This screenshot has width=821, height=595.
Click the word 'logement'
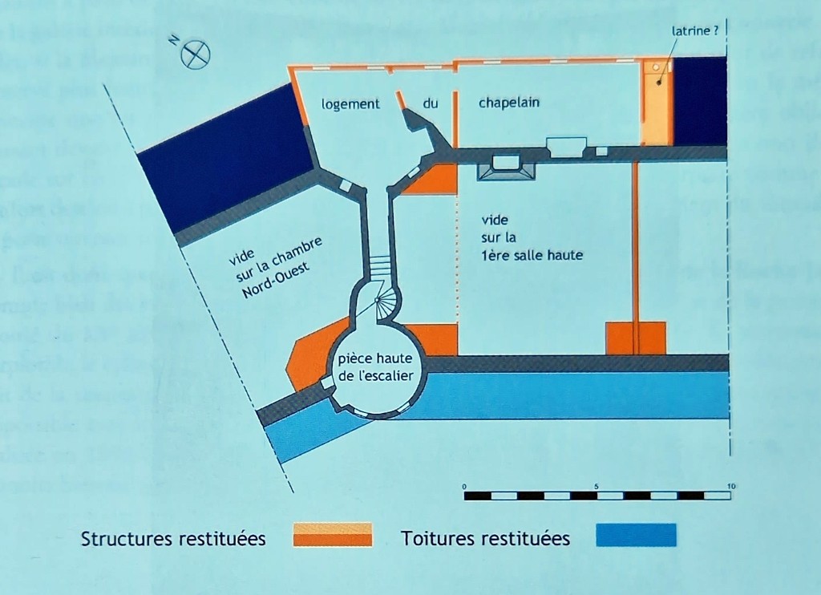point(350,103)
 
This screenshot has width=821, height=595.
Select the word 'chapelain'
point(509,103)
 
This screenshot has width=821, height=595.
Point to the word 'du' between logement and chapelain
point(431,103)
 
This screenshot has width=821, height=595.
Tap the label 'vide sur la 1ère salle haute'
point(532,237)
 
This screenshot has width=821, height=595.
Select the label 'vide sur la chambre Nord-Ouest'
point(273,265)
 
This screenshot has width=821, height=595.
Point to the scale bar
point(597,496)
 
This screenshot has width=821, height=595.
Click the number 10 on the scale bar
point(730,487)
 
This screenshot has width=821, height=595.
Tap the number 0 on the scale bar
point(465,487)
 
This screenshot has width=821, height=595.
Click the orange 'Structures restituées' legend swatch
point(333,534)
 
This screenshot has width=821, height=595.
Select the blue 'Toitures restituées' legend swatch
point(637,535)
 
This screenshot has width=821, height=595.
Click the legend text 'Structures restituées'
point(173,538)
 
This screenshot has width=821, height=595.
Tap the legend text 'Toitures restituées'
point(486,538)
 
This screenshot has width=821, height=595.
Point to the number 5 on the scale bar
point(597,487)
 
